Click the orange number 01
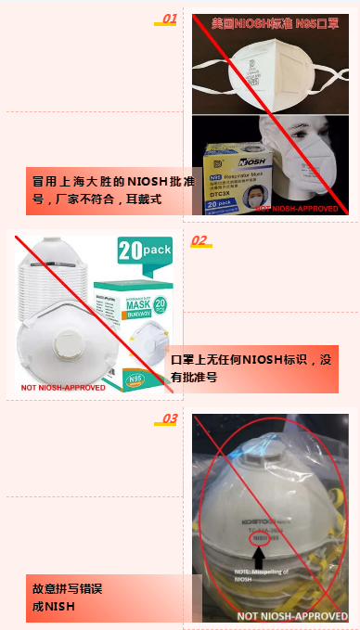point(169,18)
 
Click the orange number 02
point(199,240)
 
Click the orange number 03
point(170,419)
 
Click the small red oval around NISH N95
point(266,537)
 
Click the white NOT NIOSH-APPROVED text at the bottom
point(292,615)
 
